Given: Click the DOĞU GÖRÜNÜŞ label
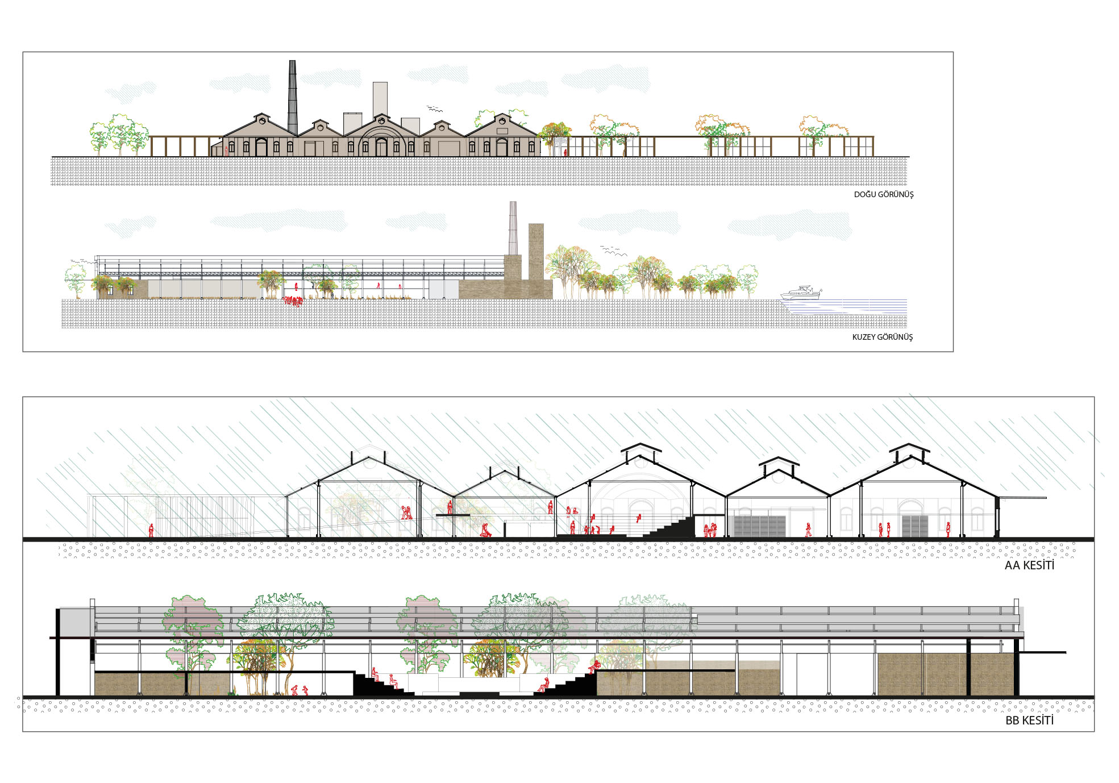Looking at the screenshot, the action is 884,194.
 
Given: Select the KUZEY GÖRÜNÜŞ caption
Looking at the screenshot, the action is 883,337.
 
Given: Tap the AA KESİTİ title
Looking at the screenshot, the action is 1029,565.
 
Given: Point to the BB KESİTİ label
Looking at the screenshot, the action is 1029,720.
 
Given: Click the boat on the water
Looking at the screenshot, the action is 801,293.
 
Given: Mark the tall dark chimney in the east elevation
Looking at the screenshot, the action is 292,97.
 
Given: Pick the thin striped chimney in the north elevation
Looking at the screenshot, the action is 513,228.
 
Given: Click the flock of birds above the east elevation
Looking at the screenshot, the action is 435,109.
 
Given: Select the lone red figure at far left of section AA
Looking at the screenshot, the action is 151,530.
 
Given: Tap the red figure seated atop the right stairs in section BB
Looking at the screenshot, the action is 594,667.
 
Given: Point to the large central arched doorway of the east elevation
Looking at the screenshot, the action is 381,147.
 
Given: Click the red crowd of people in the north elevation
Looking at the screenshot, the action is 293,301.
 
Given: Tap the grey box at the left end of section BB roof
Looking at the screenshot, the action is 76,622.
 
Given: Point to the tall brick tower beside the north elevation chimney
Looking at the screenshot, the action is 536,261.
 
